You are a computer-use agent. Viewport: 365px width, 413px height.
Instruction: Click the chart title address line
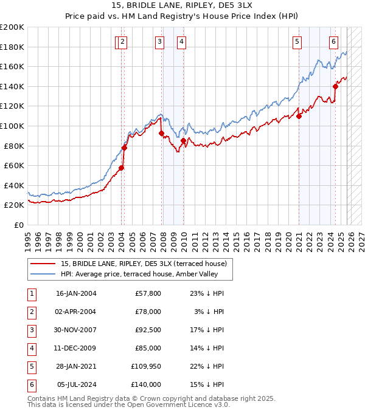(x=182, y=5)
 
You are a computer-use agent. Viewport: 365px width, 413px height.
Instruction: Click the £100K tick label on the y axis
(x=12, y=126)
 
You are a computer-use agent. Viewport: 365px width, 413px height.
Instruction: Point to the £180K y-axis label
(x=12, y=47)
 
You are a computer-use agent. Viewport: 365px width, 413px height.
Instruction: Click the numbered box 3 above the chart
(x=159, y=42)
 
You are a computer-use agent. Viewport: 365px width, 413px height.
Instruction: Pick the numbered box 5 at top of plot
(x=297, y=42)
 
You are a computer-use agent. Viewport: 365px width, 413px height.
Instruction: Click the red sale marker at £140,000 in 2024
(x=335, y=87)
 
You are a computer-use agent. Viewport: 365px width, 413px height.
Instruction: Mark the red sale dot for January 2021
(x=299, y=117)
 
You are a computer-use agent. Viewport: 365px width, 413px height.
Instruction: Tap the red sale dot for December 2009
(x=183, y=141)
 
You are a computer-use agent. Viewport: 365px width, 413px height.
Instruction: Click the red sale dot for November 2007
(x=161, y=134)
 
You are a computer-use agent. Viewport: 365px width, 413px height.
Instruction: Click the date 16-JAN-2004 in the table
(x=76, y=293)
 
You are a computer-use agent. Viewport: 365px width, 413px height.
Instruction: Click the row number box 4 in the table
(x=31, y=348)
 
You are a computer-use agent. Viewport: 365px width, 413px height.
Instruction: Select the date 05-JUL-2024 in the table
(x=76, y=384)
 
